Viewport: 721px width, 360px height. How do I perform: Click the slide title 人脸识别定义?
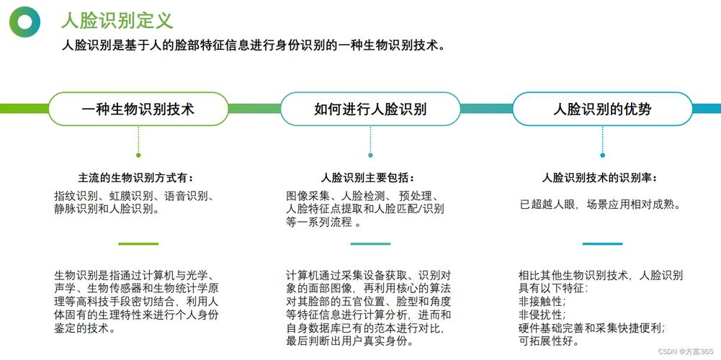(x=117, y=19)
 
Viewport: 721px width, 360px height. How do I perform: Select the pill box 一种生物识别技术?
(x=138, y=109)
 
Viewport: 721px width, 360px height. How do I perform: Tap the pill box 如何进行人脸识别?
(x=370, y=109)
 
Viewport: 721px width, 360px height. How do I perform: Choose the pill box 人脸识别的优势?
(x=602, y=109)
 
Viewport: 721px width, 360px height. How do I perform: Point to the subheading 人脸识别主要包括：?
(x=368, y=177)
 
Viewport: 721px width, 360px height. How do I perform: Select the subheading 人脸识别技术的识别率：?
(x=599, y=177)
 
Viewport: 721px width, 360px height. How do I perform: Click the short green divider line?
(x=138, y=243)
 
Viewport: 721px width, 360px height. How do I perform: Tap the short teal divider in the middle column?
(x=370, y=243)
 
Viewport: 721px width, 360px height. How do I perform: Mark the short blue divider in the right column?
(x=602, y=243)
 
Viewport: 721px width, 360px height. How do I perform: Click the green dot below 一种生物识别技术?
(x=138, y=155)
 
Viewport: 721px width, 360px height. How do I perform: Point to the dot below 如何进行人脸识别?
(x=370, y=155)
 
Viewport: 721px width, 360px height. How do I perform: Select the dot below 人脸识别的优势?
(x=602, y=155)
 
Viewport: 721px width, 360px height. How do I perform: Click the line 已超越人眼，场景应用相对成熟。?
(x=600, y=204)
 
